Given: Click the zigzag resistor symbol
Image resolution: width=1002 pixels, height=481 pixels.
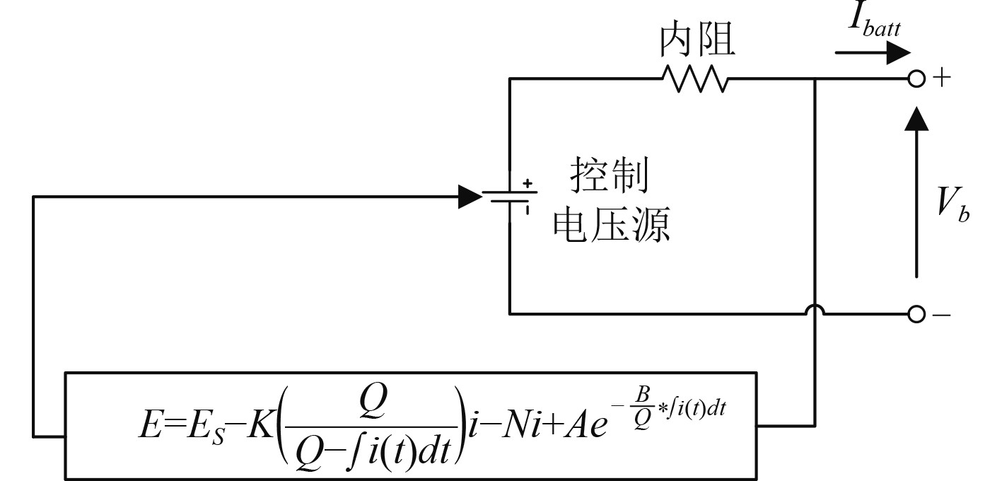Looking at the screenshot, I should coord(694,79).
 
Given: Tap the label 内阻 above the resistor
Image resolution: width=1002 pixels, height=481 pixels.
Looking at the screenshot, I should coord(697,41).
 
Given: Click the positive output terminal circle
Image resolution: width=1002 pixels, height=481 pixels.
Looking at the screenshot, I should coord(916,79).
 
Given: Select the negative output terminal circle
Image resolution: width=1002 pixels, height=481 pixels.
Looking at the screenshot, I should coord(916,314).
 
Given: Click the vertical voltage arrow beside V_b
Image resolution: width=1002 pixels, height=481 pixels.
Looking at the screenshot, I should coord(917,191).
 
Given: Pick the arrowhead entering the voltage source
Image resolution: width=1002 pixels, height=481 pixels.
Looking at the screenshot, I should coord(470,197).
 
